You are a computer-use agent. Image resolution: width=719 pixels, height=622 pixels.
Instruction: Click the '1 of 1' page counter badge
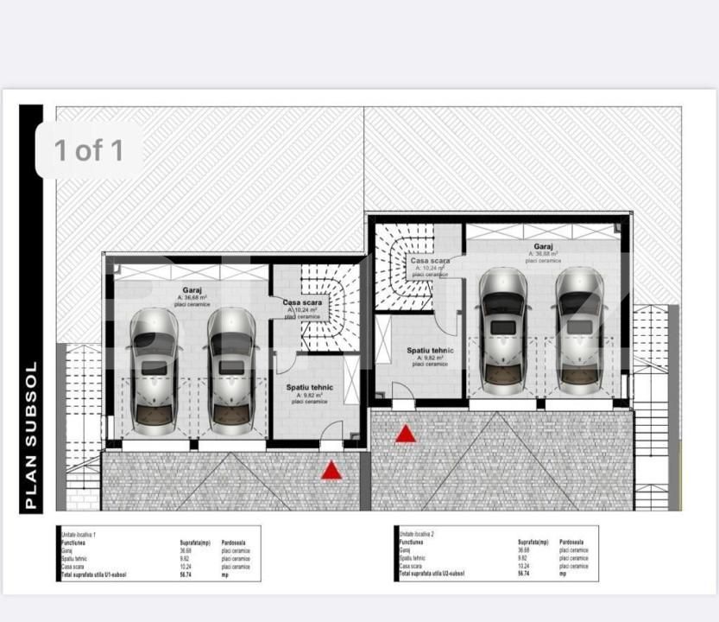click(x=89, y=150)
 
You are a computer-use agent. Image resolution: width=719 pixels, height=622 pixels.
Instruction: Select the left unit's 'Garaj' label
click(x=192, y=290)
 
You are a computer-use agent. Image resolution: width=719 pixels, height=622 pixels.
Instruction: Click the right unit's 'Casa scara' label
click(x=430, y=260)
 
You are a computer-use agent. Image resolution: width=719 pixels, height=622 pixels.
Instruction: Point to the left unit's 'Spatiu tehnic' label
click(x=309, y=388)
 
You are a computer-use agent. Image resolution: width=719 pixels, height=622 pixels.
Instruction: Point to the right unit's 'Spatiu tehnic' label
click(x=430, y=350)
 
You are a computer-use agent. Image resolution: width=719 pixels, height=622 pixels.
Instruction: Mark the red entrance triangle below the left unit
click(x=331, y=471)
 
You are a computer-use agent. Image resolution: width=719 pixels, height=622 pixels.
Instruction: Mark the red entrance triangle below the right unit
click(x=406, y=434)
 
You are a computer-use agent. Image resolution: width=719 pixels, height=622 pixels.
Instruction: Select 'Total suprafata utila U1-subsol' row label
click(x=94, y=574)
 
